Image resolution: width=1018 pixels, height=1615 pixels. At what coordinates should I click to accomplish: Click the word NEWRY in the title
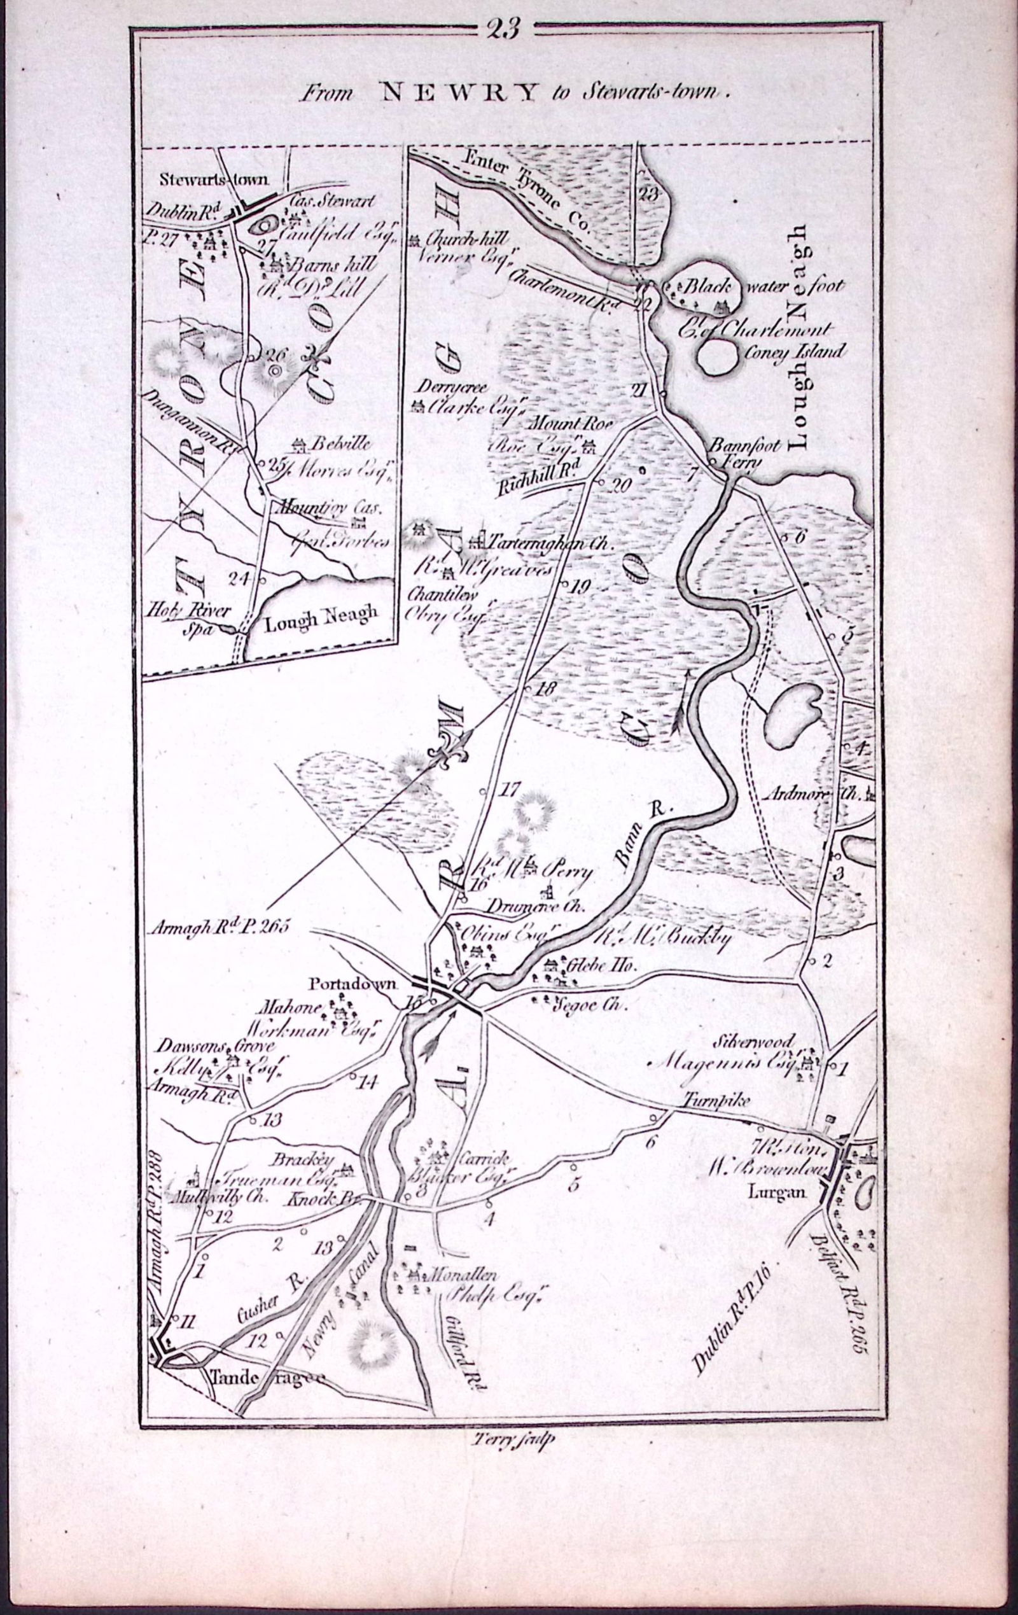(x=459, y=92)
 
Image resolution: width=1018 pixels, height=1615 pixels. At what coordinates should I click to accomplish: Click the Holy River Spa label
(x=190, y=619)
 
